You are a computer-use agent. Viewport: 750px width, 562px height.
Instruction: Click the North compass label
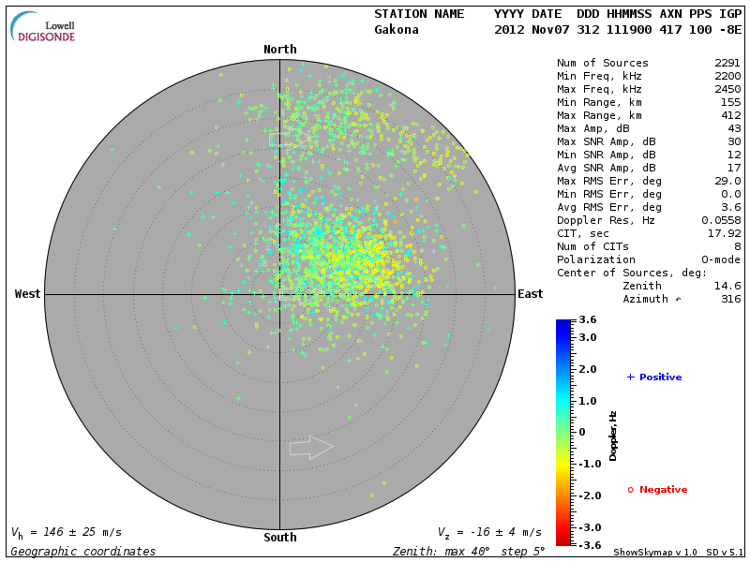(279, 50)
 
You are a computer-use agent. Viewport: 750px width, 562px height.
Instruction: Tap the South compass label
(279, 538)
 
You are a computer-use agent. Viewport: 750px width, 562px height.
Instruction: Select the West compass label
(27, 294)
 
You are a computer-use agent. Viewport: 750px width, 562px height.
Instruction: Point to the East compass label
(530, 294)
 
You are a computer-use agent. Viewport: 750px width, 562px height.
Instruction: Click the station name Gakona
(397, 29)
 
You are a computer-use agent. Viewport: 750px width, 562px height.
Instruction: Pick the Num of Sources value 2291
(727, 63)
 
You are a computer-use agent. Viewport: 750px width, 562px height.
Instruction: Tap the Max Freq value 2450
(727, 89)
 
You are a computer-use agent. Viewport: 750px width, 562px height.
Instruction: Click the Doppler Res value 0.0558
(721, 220)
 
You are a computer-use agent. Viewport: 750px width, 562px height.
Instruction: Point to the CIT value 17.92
(725, 233)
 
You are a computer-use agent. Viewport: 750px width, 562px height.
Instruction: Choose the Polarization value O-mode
(721, 259)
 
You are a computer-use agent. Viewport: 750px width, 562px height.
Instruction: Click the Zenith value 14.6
(727, 286)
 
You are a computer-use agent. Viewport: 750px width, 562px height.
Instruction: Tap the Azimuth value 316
(731, 299)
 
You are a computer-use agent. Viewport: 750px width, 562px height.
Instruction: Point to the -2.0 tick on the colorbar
(589, 495)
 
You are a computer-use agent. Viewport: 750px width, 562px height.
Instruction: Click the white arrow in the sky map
(311, 448)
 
